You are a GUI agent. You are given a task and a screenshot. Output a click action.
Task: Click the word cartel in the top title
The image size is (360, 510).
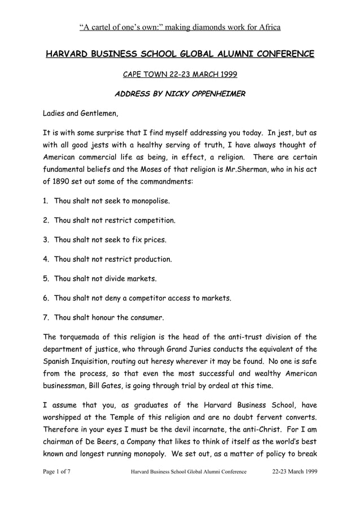click(x=98, y=27)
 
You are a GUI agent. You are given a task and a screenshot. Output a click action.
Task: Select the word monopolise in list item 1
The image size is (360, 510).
click(x=146, y=200)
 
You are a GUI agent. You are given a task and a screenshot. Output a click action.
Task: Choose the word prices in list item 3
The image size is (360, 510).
click(x=154, y=240)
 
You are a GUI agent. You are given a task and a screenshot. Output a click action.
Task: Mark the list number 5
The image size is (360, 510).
click(x=46, y=279)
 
